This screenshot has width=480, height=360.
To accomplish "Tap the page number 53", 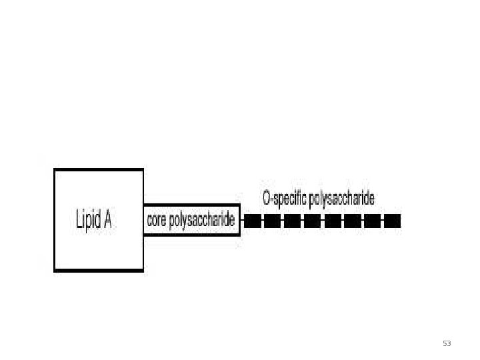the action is (447, 343).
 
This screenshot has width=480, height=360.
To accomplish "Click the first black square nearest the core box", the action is (252, 221).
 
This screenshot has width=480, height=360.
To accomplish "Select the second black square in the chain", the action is (272, 221).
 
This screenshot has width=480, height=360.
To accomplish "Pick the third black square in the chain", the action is (292, 221).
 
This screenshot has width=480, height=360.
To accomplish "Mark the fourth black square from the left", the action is (312, 221).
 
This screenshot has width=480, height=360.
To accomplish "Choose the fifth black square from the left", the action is (333, 221).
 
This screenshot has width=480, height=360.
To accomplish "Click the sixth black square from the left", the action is (353, 221).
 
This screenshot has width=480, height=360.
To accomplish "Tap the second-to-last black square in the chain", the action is (373, 221).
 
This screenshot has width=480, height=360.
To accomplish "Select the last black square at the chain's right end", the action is (393, 221).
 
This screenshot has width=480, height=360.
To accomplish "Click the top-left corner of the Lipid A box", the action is (55, 170).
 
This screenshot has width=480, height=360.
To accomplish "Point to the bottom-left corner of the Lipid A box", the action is (55, 270).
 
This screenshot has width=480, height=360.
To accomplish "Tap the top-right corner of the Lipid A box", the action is (143, 170).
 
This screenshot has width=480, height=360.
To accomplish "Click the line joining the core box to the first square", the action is (242, 221).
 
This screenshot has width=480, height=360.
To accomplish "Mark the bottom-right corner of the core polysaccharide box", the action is (239, 234).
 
